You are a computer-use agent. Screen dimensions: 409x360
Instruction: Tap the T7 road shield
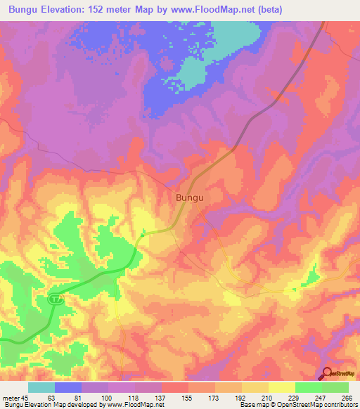(55, 299)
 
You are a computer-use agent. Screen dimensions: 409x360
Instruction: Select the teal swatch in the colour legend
(41, 387)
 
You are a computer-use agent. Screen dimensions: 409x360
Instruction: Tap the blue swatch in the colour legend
(68, 387)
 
